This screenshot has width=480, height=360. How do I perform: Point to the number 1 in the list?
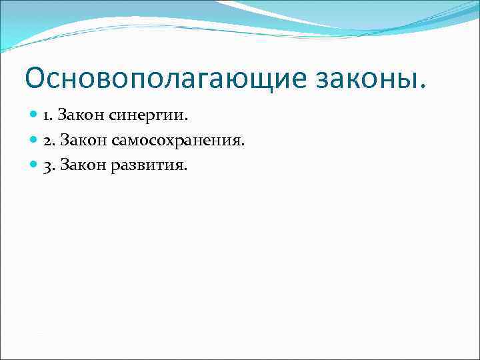(46, 116)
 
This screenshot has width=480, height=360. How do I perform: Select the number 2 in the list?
(47, 141)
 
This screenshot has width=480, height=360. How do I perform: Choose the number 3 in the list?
(47, 165)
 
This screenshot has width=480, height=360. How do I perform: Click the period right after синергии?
(187, 121)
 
